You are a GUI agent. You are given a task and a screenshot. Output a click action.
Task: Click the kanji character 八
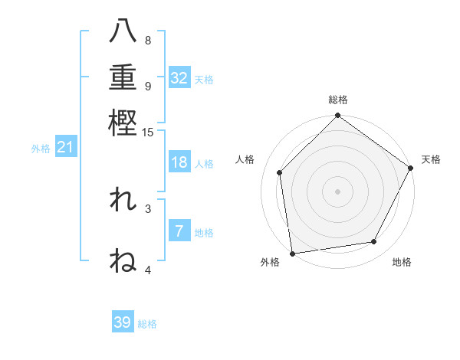123,32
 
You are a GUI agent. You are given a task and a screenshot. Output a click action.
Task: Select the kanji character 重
123,77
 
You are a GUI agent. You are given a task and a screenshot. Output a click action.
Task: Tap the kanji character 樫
123,123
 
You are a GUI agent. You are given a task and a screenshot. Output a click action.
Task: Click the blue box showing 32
179,78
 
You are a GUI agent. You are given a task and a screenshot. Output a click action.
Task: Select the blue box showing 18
179,163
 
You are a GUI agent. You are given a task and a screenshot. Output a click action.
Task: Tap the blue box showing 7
179,231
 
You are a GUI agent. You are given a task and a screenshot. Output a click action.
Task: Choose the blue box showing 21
64,148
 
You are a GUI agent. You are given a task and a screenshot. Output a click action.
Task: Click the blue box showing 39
123,322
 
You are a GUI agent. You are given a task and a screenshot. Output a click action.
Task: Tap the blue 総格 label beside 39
147,324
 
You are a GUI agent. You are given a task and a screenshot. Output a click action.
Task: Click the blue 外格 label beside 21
40,149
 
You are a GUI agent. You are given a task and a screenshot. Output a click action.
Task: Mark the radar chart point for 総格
337,116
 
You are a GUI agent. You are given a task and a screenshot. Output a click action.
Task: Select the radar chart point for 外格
292,253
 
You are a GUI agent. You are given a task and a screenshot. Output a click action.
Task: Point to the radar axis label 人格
245,159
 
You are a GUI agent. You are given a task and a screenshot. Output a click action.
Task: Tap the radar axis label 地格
402,262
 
